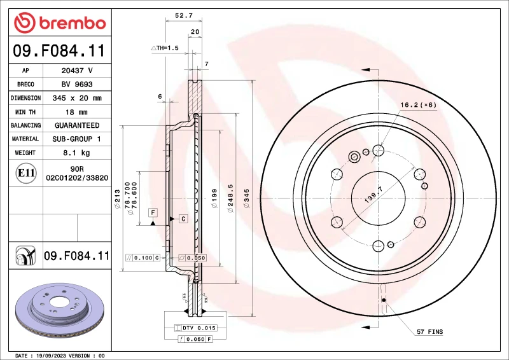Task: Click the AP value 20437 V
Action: [x=77, y=71]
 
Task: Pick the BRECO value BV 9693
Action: [x=77, y=84]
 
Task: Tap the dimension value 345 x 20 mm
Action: [x=77, y=98]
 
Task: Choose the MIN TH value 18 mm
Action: [x=77, y=112]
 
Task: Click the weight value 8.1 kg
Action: [x=77, y=153]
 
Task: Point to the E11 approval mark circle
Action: [x=25, y=172]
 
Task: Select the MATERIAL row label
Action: [x=25, y=139]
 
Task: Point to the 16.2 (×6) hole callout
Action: [x=418, y=105]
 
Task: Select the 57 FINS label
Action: [x=430, y=332]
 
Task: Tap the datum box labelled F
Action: [x=153, y=211]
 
